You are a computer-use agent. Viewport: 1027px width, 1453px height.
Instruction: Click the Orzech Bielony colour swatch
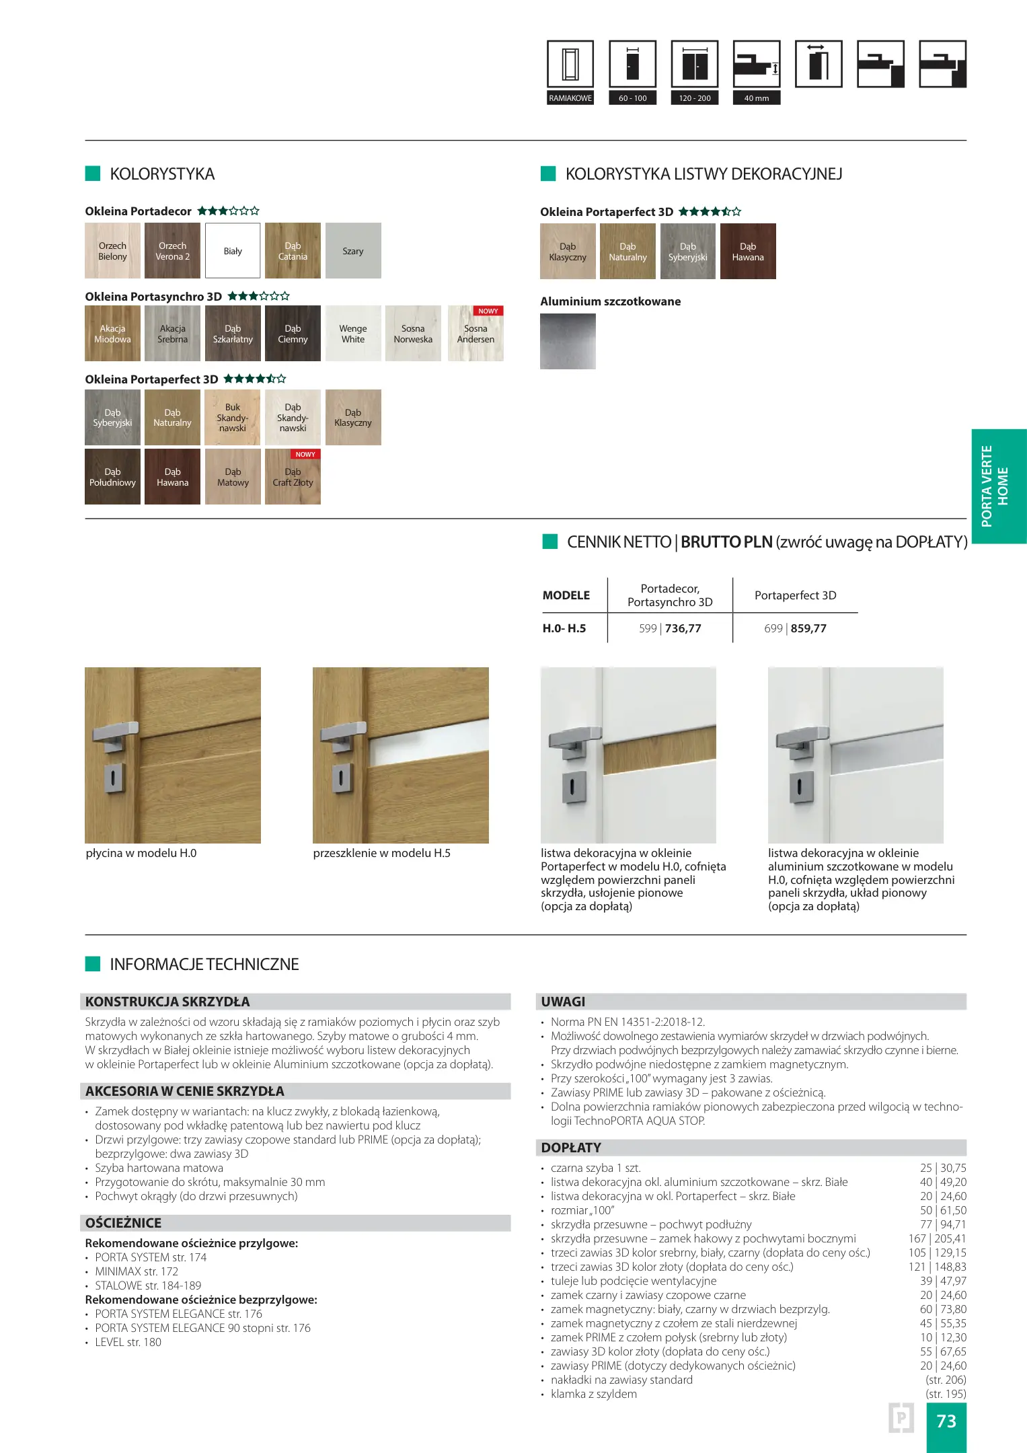pos(112,251)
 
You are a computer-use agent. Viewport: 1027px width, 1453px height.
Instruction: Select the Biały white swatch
pos(233,251)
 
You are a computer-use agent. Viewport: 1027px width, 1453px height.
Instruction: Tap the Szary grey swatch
pos(353,251)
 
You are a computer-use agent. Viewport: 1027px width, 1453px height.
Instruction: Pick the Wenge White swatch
pos(353,334)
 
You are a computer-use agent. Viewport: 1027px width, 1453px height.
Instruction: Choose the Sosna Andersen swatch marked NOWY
pos(476,334)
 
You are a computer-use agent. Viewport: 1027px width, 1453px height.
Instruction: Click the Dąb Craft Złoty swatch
pos(293,477)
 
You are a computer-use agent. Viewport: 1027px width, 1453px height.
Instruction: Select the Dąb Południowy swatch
pos(112,477)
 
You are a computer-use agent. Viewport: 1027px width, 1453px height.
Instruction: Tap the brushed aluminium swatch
pos(568,341)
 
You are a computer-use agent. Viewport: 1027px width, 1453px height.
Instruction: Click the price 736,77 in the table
pos(683,628)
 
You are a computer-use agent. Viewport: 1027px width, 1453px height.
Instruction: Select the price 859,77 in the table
pos(808,628)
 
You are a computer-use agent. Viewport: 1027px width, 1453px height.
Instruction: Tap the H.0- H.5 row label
pos(564,628)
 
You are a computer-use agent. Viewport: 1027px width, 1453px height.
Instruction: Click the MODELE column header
pos(566,595)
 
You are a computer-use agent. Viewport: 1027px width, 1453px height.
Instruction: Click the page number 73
pos(946,1421)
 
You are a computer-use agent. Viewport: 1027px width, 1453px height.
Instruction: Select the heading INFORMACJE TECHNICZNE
pos(204,964)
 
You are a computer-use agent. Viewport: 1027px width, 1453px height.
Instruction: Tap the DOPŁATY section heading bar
pos(751,1148)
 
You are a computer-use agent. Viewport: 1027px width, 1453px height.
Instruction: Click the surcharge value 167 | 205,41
pos(937,1238)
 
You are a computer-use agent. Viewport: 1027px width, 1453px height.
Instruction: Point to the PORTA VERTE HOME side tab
pos(998,486)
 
